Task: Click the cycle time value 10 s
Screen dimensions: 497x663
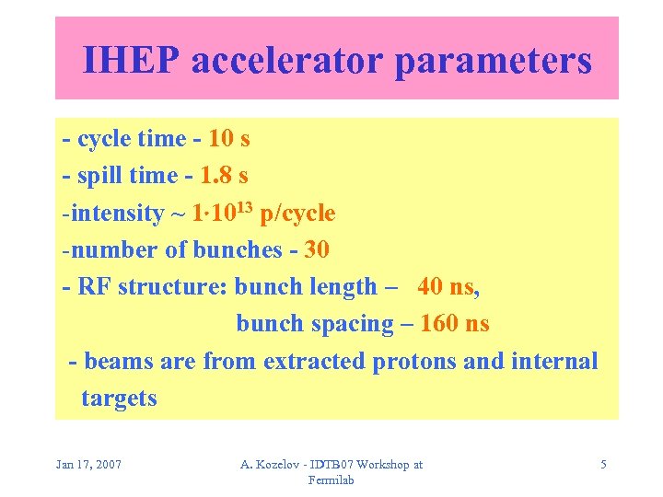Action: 229,139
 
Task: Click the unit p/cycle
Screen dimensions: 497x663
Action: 297,214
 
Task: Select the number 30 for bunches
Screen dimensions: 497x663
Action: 316,249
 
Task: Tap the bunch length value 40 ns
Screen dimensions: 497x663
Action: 447,286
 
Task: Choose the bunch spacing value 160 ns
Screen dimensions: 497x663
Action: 455,324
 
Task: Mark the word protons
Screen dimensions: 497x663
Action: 413,361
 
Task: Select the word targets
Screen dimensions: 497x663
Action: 119,399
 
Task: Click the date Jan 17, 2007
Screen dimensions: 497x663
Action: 89,465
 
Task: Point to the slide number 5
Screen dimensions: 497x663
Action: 603,465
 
